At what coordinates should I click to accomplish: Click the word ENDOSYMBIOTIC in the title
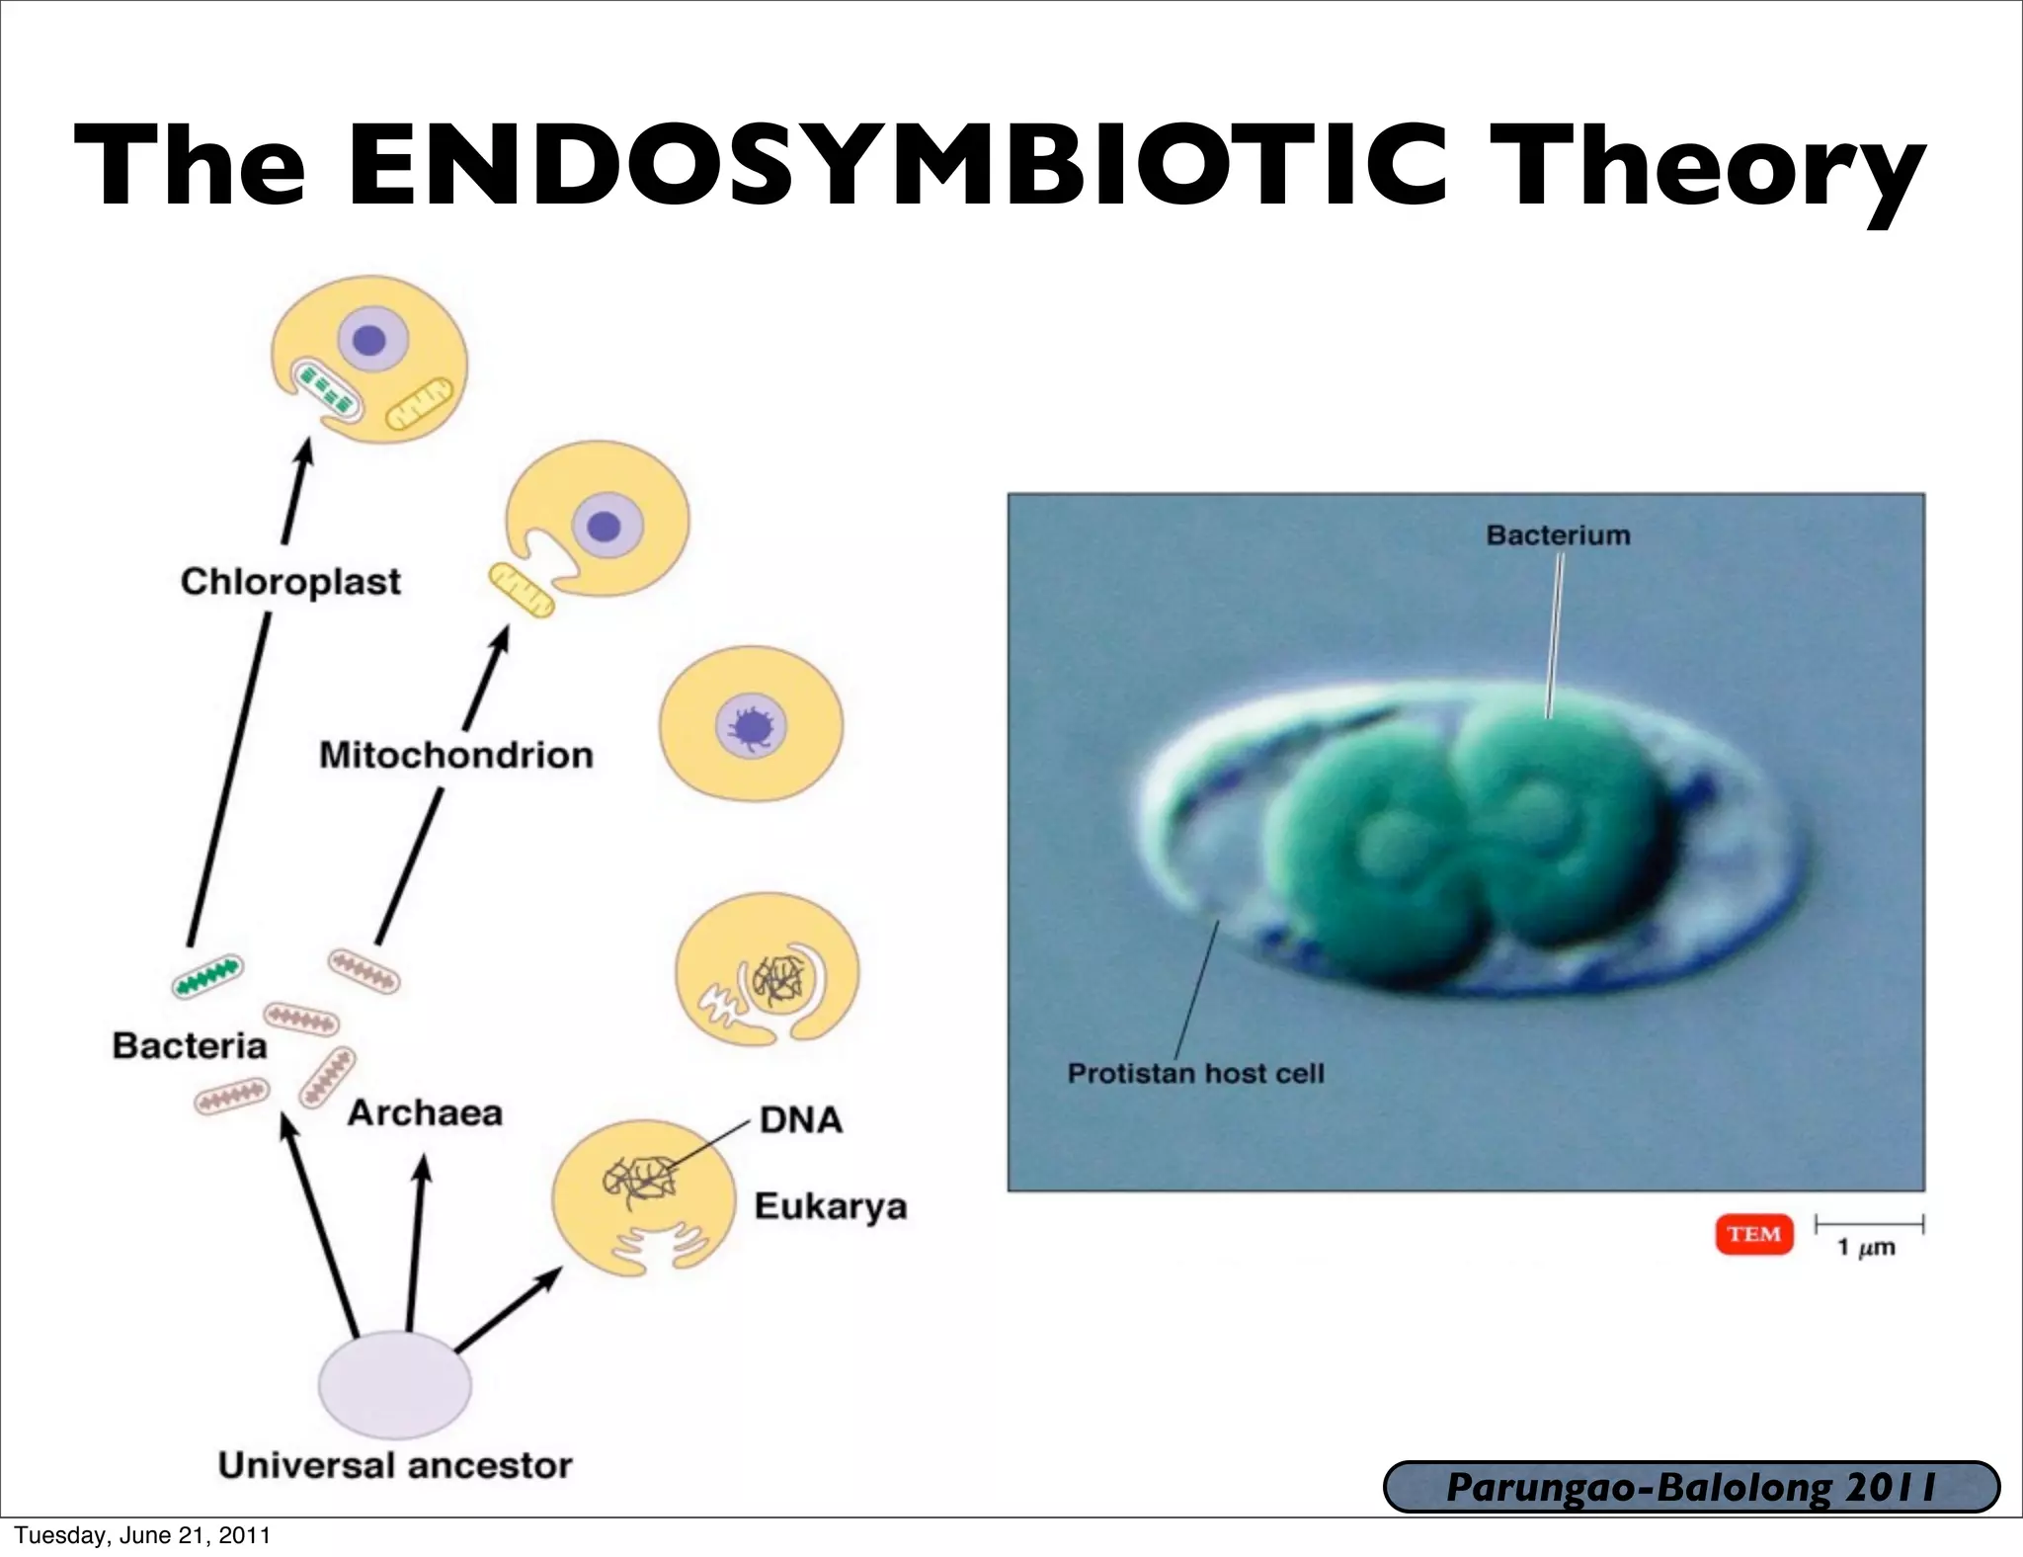coord(897,165)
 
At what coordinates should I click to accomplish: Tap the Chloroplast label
coord(290,582)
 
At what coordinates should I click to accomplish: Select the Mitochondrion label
coord(455,756)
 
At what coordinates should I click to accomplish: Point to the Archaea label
coord(425,1113)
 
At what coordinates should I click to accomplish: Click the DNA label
coord(801,1120)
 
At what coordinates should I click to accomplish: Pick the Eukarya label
coord(830,1206)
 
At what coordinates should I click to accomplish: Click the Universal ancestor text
coord(395,1465)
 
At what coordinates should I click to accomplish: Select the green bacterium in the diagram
coord(206,975)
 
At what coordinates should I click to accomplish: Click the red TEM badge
coord(1753,1235)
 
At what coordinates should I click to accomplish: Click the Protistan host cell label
coord(1195,1073)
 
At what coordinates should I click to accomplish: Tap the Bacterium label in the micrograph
coord(1558,535)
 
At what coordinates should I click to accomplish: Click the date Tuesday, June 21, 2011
coord(141,1536)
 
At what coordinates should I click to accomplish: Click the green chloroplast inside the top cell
coord(326,390)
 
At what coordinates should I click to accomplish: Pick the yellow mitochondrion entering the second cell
coord(522,590)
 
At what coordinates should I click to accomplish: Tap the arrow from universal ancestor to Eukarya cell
coord(507,1310)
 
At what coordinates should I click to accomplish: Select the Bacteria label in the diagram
coord(190,1046)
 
